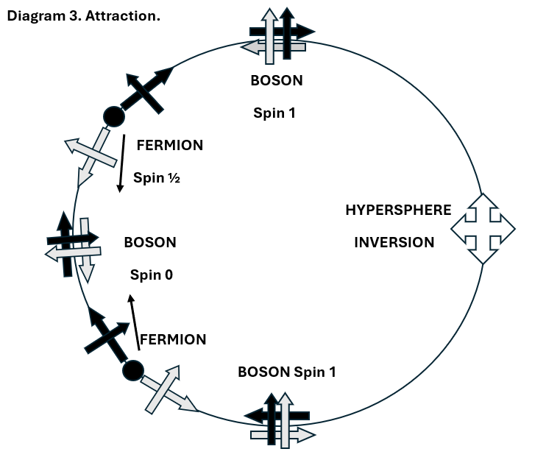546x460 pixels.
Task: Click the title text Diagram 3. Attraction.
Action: pyautogui.click(x=83, y=15)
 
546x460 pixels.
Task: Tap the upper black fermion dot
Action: pyautogui.click(x=113, y=116)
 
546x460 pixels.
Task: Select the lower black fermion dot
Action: pyautogui.click(x=132, y=369)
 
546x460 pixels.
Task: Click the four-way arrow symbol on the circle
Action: pyautogui.click(x=482, y=228)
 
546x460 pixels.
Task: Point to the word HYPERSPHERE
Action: pyautogui.click(x=398, y=210)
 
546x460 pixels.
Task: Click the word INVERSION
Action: pyautogui.click(x=394, y=242)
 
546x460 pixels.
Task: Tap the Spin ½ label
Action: pyautogui.click(x=156, y=177)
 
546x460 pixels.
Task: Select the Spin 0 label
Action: pyautogui.click(x=151, y=275)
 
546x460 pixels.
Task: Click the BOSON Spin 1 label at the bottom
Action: pyautogui.click(x=287, y=372)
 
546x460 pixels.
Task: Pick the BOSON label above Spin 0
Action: pyautogui.click(x=150, y=242)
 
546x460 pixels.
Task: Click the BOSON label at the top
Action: pyautogui.click(x=277, y=80)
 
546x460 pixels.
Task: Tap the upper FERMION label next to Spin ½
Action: pyautogui.click(x=170, y=145)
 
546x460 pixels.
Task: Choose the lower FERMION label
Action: pyautogui.click(x=173, y=339)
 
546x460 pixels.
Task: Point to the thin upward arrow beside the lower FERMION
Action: pyautogui.click(x=135, y=322)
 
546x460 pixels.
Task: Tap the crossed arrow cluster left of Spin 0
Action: pyautogui.click(x=73, y=246)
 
